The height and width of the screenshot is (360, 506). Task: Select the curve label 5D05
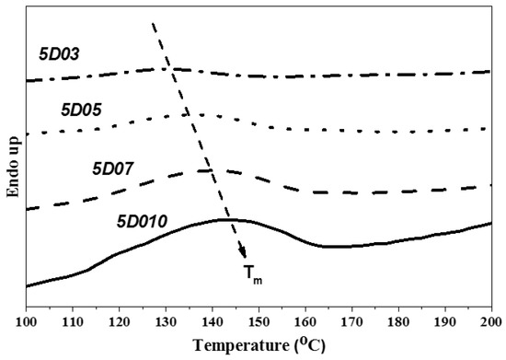click(81, 109)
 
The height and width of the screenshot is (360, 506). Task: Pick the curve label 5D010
click(143, 222)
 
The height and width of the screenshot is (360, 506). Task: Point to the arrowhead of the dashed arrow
click(244, 257)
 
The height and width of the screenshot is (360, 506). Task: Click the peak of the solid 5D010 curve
click(225, 219)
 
